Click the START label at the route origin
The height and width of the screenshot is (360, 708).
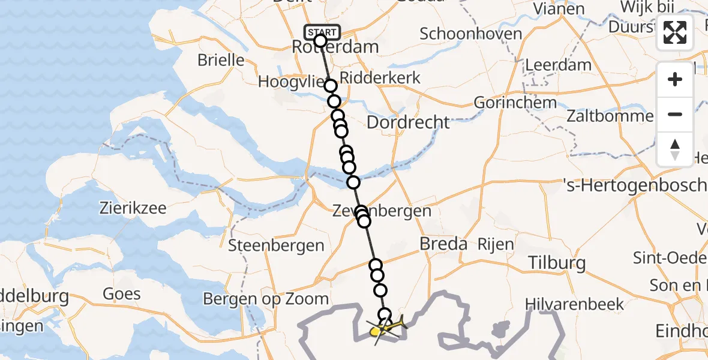pyautogui.click(x=322, y=32)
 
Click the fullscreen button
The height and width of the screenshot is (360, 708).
pyautogui.click(x=675, y=33)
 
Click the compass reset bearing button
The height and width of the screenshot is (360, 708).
pyautogui.click(x=675, y=149)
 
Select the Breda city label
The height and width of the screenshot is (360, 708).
pyautogui.click(x=443, y=244)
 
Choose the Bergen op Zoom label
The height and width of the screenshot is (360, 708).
pyautogui.click(x=266, y=299)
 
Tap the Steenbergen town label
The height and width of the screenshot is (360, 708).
pyautogui.click(x=276, y=245)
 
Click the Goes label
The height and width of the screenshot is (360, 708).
pyautogui.click(x=122, y=293)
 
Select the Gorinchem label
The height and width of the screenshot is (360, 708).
pyautogui.click(x=515, y=102)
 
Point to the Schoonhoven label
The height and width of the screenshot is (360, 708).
pyautogui.click(x=470, y=34)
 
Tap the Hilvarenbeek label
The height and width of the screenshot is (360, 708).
pyautogui.click(x=574, y=304)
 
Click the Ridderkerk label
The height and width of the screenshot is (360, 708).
pyautogui.click(x=380, y=78)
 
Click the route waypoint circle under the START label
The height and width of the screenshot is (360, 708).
pyautogui.click(x=320, y=41)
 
